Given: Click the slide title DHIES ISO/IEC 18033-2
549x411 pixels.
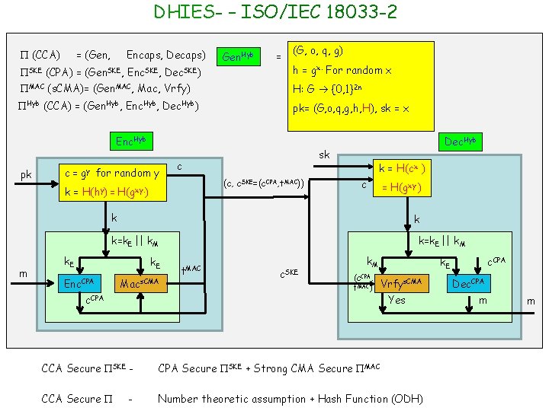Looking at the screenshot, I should coord(274,13).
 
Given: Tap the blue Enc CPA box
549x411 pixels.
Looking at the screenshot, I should coord(79,283).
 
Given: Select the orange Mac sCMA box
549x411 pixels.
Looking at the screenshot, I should coord(140,283).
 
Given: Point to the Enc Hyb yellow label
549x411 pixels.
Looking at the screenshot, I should coord(130,141).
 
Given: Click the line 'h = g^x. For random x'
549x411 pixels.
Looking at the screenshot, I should coord(342,70).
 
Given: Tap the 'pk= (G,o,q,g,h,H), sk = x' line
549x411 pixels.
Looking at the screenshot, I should coord(352,108).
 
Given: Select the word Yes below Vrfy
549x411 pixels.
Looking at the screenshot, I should coord(396,300).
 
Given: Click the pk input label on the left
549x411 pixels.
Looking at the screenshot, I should coord(26,174).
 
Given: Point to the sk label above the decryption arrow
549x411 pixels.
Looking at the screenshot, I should coord(324,155).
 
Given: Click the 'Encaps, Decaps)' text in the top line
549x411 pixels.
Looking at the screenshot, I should coord(165,55).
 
